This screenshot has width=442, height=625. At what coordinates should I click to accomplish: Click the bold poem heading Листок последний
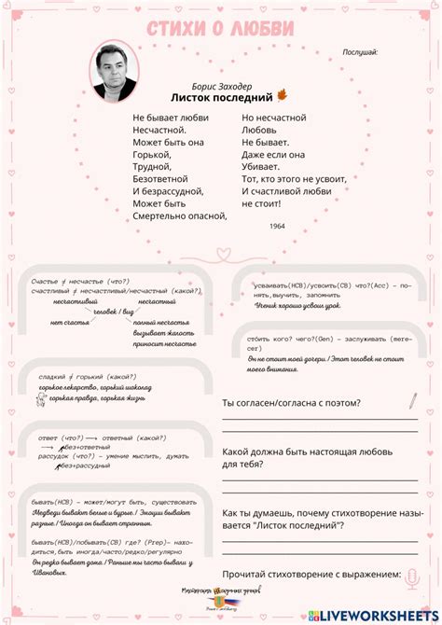click(x=222, y=97)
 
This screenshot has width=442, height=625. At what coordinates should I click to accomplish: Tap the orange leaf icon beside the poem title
click(x=282, y=96)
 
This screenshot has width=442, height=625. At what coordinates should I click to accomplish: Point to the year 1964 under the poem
click(x=277, y=227)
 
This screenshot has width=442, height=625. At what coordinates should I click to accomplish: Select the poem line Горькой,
click(x=152, y=155)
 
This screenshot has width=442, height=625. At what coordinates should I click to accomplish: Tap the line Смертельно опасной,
click(x=179, y=215)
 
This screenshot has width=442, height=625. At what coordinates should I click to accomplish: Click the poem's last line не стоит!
click(x=261, y=203)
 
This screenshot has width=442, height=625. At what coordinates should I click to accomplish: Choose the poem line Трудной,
click(x=152, y=167)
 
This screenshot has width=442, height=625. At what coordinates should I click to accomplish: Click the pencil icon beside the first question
click(x=411, y=401)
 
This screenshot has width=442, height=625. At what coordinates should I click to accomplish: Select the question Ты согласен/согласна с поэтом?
click(x=291, y=403)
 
